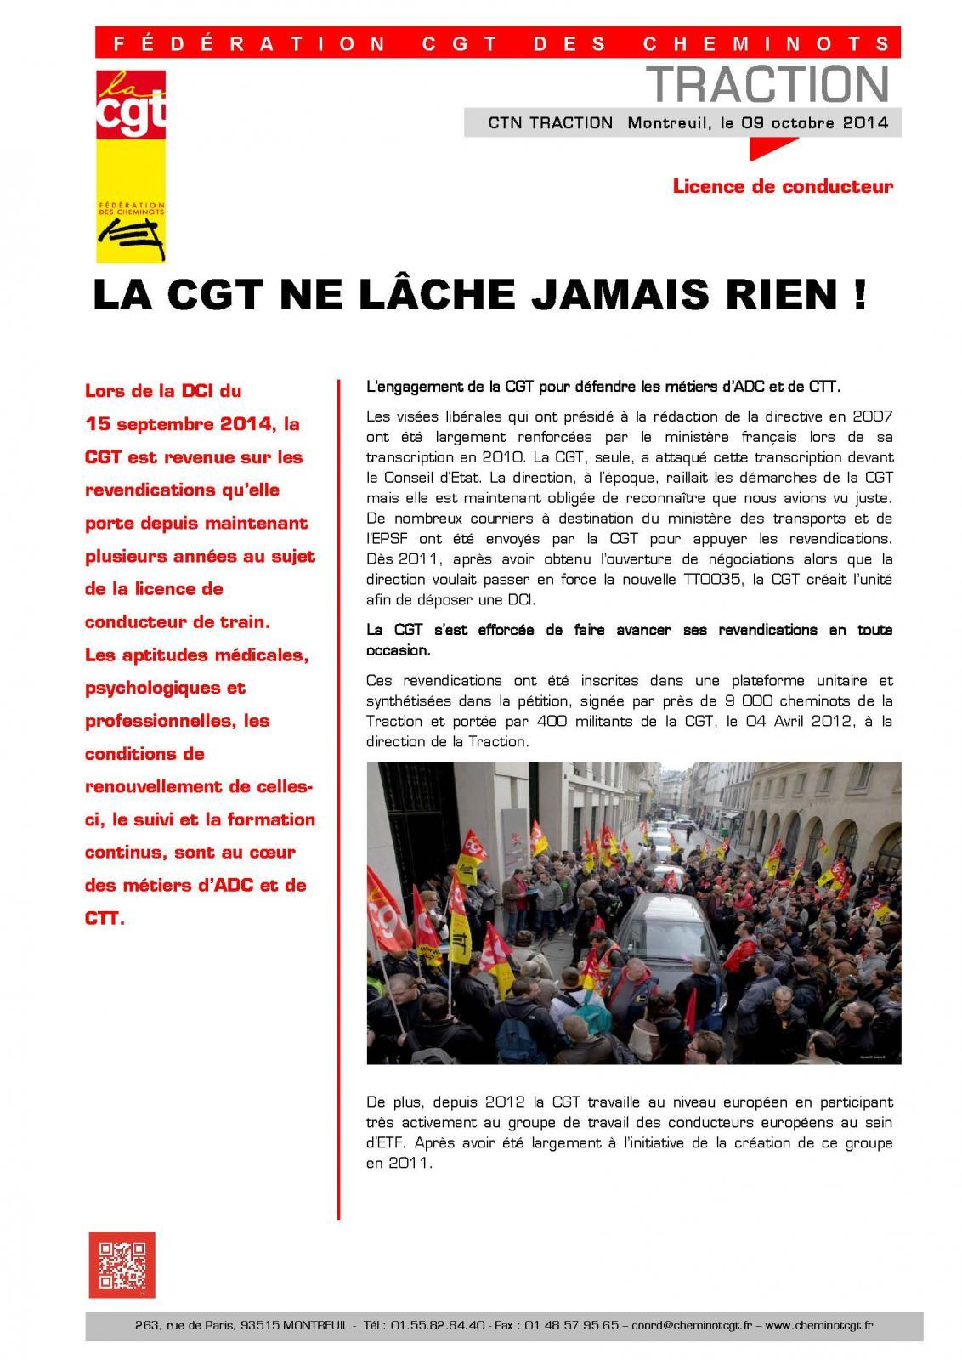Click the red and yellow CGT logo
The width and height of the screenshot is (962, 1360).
tap(130, 166)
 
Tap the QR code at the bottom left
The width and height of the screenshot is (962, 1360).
tap(122, 1265)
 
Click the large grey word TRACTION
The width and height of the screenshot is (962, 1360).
tap(767, 84)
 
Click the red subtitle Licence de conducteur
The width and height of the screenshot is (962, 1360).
tap(782, 186)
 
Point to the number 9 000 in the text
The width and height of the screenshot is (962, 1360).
tap(739, 701)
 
